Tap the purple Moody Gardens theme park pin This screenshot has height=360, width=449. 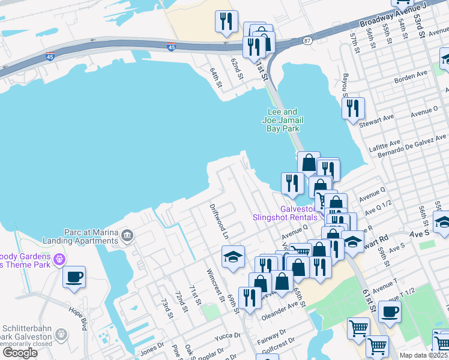point(59,259)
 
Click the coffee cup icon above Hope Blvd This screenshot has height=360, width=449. point(74,277)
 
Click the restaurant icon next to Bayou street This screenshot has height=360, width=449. point(353,109)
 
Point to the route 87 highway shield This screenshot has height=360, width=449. point(307,41)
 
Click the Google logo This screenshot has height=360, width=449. point(20,353)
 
